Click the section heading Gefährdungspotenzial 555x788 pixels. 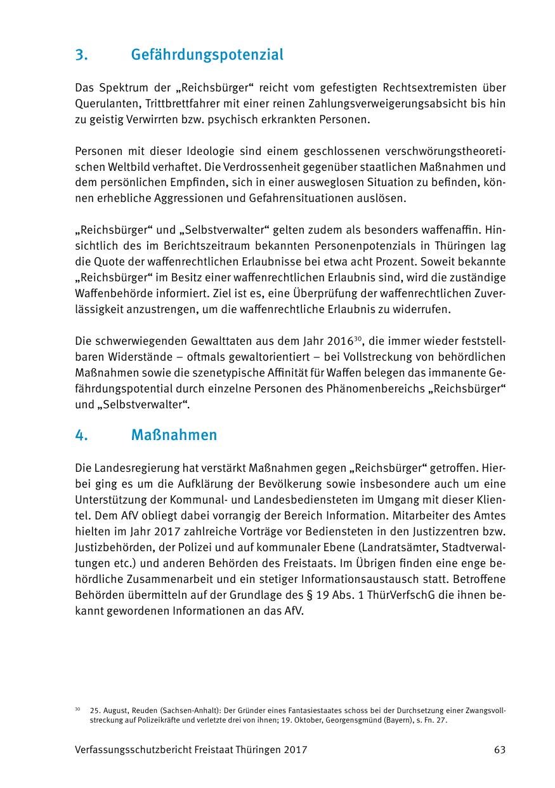coord(207,55)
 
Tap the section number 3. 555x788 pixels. coord(81,55)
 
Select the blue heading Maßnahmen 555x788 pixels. coord(174,435)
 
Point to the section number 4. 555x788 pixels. coord(81,435)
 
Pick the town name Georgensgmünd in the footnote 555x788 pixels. coord(347,721)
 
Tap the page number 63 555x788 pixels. coord(500,749)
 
